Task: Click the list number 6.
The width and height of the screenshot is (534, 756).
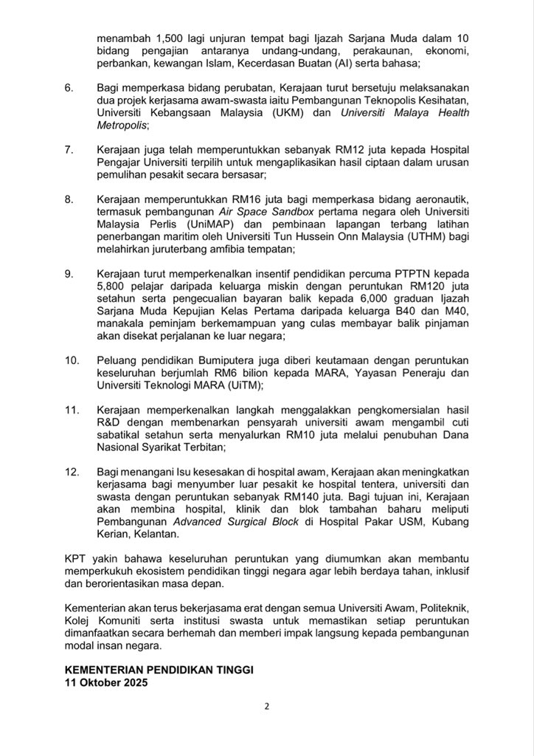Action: pyautogui.click(x=69, y=88)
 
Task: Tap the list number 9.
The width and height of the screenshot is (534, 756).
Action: pyautogui.click(x=69, y=274)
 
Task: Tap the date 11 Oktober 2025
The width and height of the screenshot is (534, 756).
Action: pyautogui.click(x=107, y=683)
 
